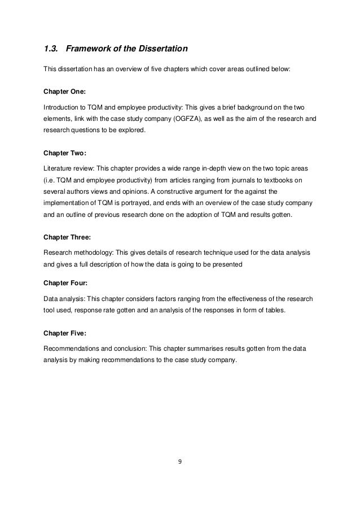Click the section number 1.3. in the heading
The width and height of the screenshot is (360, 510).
[51, 49]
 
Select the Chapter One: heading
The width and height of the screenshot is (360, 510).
[63, 90]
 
